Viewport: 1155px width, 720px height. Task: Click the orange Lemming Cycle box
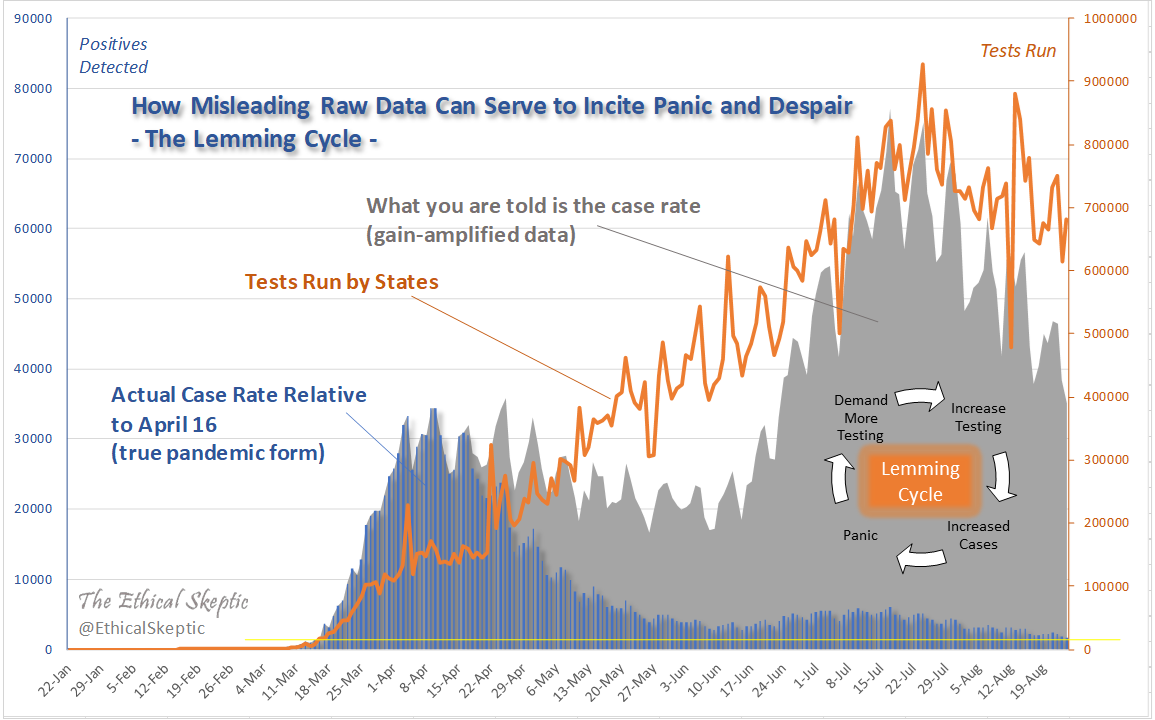point(920,481)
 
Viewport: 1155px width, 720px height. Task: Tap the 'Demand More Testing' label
point(860,418)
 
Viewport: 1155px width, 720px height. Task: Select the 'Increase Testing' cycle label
point(978,417)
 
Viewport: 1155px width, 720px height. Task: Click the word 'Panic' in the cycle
point(860,535)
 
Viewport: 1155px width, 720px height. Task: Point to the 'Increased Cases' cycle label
point(978,535)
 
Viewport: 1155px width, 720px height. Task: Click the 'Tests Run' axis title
point(1017,50)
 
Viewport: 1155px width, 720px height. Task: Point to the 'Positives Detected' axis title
point(113,56)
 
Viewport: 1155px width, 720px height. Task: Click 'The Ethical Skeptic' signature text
point(163,601)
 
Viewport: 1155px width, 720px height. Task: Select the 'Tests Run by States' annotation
point(341,282)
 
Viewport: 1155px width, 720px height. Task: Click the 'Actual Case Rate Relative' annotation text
point(238,395)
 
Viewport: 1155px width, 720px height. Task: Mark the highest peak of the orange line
point(922,65)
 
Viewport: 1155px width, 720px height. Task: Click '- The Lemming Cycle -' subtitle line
point(254,139)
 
